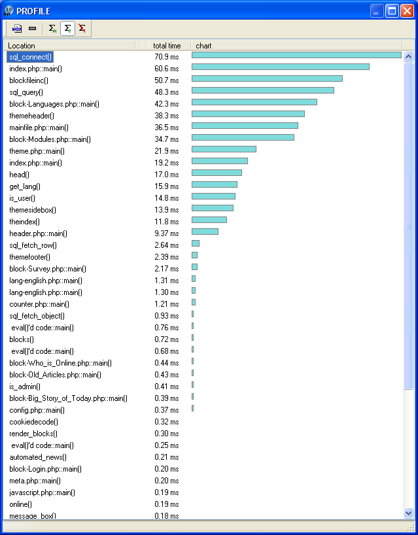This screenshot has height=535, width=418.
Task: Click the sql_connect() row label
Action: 31,57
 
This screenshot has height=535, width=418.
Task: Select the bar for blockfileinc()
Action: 267,78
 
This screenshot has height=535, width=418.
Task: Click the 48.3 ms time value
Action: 166,92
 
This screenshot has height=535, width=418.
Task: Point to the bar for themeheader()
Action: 248,114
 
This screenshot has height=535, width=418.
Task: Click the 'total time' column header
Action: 166,46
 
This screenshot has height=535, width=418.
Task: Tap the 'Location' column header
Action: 22,46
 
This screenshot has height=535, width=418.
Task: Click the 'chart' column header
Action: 203,46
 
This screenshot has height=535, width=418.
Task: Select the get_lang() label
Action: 26,186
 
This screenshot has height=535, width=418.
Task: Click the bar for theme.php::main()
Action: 224,149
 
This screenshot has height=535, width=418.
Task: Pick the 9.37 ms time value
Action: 166,233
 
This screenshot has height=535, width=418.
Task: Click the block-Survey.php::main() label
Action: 48,269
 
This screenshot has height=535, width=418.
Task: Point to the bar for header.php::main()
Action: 205,232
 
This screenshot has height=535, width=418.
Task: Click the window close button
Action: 407,11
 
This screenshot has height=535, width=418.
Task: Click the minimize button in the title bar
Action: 377,11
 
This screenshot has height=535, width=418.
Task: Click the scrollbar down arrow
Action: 409,513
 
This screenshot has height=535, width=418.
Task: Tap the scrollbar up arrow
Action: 409,57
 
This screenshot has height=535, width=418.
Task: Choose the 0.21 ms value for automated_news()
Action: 166,457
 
